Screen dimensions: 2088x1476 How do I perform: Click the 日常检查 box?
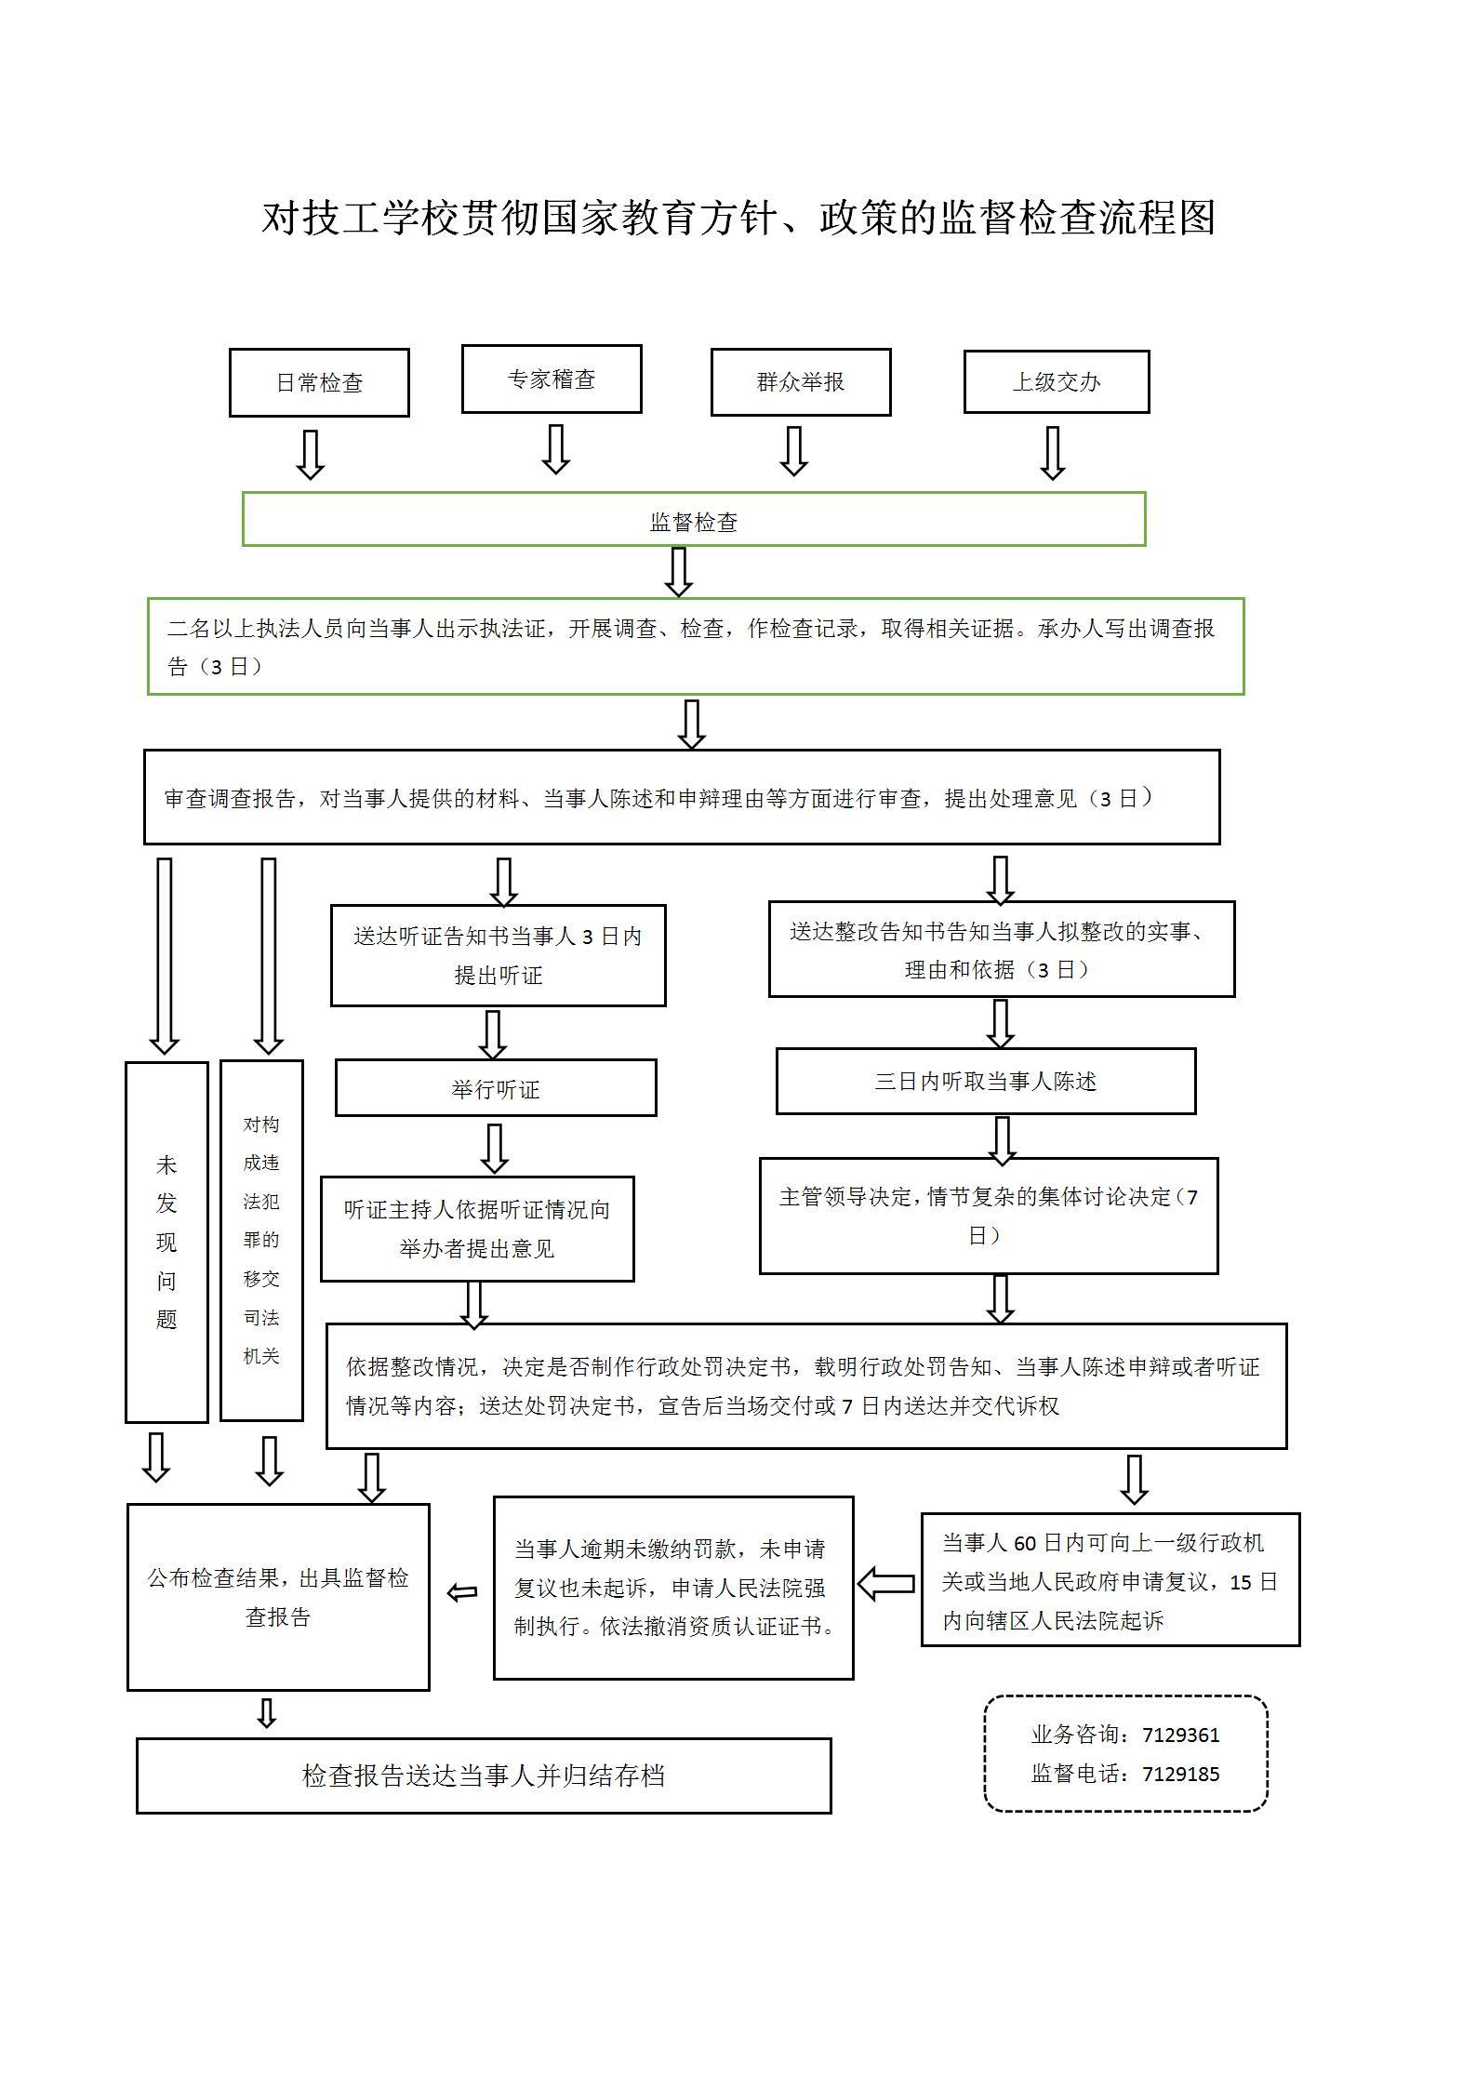(x=319, y=382)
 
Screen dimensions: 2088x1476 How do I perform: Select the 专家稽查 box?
(x=552, y=379)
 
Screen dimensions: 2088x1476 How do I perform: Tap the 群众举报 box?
(x=801, y=381)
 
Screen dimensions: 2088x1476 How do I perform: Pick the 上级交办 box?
(x=1057, y=381)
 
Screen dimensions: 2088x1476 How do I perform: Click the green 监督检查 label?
(x=694, y=522)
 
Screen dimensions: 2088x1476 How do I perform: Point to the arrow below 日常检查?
(x=310, y=454)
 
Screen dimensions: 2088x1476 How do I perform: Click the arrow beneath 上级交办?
(x=1052, y=453)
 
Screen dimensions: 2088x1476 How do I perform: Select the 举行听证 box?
(x=496, y=1088)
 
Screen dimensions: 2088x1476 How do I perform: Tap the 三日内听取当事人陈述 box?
(x=986, y=1081)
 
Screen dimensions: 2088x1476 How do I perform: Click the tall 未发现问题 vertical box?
(x=166, y=1242)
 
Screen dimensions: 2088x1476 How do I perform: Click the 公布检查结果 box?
(x=278, y=1596)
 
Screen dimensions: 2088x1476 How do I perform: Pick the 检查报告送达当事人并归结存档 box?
(x=484, y=1775)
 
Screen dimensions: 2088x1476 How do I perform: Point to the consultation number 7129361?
(x=1180, y=1735)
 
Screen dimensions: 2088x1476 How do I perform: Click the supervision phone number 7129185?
(x=1180, y=1774)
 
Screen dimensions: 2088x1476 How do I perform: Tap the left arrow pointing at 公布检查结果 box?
(x=462, y=1592)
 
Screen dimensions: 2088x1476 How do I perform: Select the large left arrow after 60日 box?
(x=886, y=1583)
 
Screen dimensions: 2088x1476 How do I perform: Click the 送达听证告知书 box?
(x=499, y=955)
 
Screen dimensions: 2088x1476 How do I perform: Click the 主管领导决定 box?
(x=989, y=1215)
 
